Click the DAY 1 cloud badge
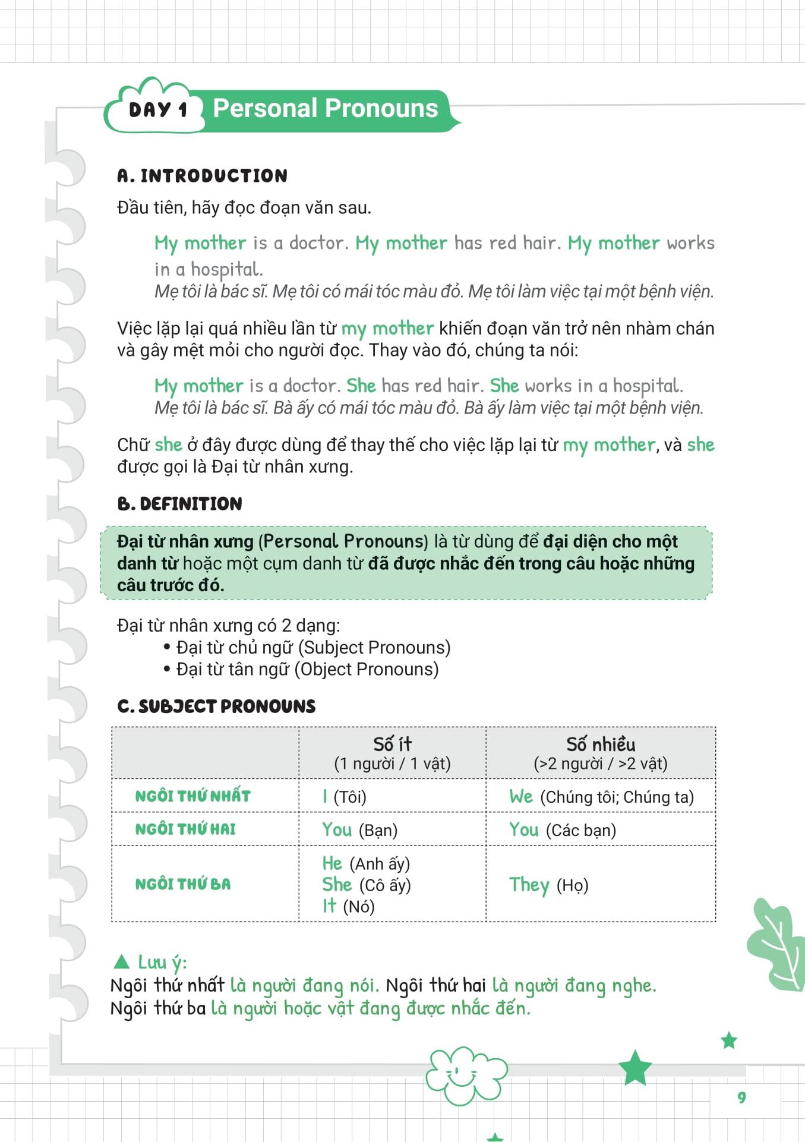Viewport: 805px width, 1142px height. coord(157,109)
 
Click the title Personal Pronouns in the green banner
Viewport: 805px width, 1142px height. coord(325,109)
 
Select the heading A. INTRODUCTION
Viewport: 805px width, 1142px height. coord(202,176)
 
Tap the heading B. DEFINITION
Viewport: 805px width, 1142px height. coord(179,504)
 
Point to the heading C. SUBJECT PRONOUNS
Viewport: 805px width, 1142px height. coord(216,706)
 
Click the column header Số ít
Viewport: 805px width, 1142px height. coord(392,744)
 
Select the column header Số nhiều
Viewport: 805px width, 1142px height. coord(601,744)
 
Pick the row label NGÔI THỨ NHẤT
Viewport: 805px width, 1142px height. coord(193,796)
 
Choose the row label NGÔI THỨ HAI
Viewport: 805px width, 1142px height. coord(185,829)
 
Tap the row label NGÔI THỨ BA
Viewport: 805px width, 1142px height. coord(183,884)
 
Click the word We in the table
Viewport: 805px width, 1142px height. coord(521,796)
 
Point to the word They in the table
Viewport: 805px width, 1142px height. coord(529,885)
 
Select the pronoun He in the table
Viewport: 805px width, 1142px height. coord(332,863)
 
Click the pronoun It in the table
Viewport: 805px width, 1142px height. coord(329,906)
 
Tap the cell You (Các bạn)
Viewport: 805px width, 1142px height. coord(562,829)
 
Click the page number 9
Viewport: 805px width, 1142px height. coord(741,1097)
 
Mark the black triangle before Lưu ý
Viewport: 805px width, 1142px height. coord(122,961)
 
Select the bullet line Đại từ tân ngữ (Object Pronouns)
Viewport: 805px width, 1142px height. coord(307,669)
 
